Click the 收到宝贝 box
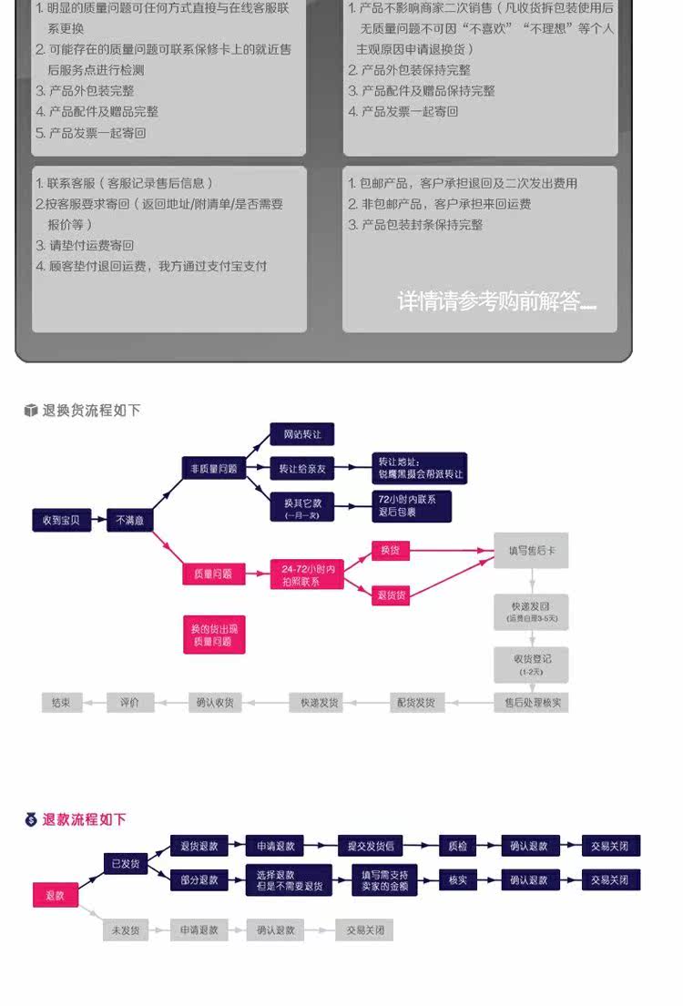(61, 520)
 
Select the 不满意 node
(128, 520)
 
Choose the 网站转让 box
(302, 434)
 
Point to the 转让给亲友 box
(302, 468)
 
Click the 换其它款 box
(302, 506)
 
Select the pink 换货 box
(390, 550)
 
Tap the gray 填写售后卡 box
(532, 550)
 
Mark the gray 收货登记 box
(532, 664)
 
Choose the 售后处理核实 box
(532, 702)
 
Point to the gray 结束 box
(61, 702)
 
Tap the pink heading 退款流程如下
(84, 819)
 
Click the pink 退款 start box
(55, 895)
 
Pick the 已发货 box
(126, 863)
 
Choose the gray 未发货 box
(126, 930)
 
